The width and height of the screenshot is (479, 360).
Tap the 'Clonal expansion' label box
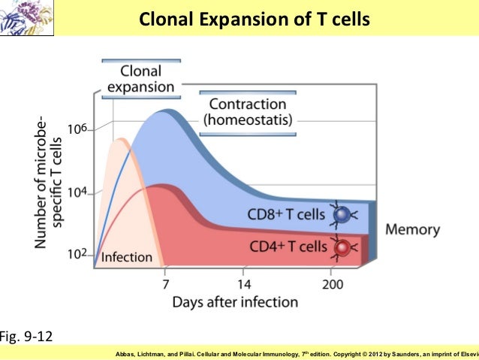pos(140,79)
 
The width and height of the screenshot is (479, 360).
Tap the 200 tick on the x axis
pos(331,284)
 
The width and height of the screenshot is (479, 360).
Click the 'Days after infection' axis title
pos(235,302)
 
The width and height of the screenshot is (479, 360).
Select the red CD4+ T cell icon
pos(342,247)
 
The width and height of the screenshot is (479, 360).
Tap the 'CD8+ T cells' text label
pos(286,214)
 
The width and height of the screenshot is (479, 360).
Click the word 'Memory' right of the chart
pos(412,230)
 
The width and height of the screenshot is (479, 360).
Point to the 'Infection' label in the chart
pos(126,258)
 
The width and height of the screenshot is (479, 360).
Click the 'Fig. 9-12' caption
pos(26,335)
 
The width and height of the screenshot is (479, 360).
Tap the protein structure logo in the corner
pos(17,17)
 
